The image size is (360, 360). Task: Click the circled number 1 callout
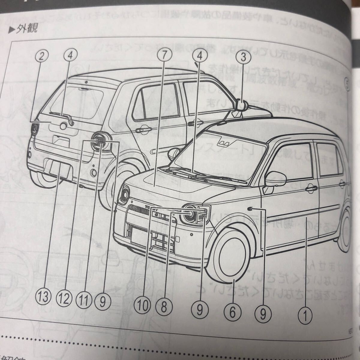click(x=307, y=315)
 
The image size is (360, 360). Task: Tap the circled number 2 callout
click(x=43, y=55)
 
